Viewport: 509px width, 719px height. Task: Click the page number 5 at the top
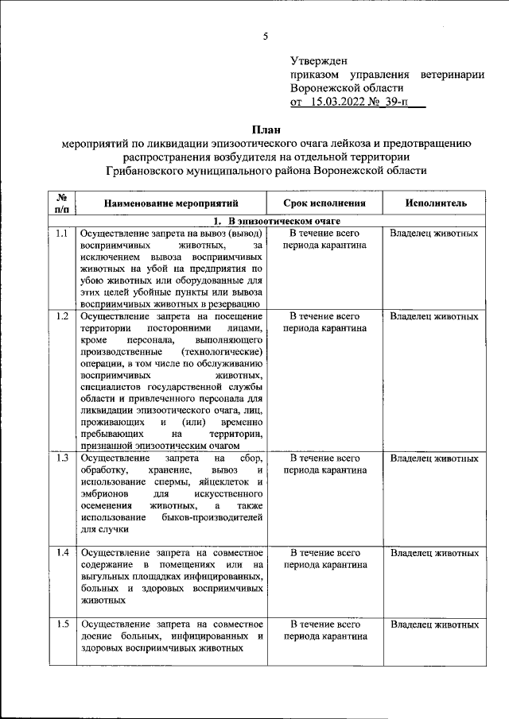[266, 35]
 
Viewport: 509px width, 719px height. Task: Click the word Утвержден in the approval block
[317, 60]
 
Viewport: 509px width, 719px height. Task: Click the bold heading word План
[266, 129]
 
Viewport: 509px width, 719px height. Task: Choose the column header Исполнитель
[435, 204]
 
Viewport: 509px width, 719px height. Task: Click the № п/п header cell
[62, 203]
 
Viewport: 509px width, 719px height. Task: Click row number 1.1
[62, 234]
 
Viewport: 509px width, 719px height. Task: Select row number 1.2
[62, 317]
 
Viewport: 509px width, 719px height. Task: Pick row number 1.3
[62, 458]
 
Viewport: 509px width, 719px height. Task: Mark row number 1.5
[62, 624]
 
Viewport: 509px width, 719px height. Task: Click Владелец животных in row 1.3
[435, 458]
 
